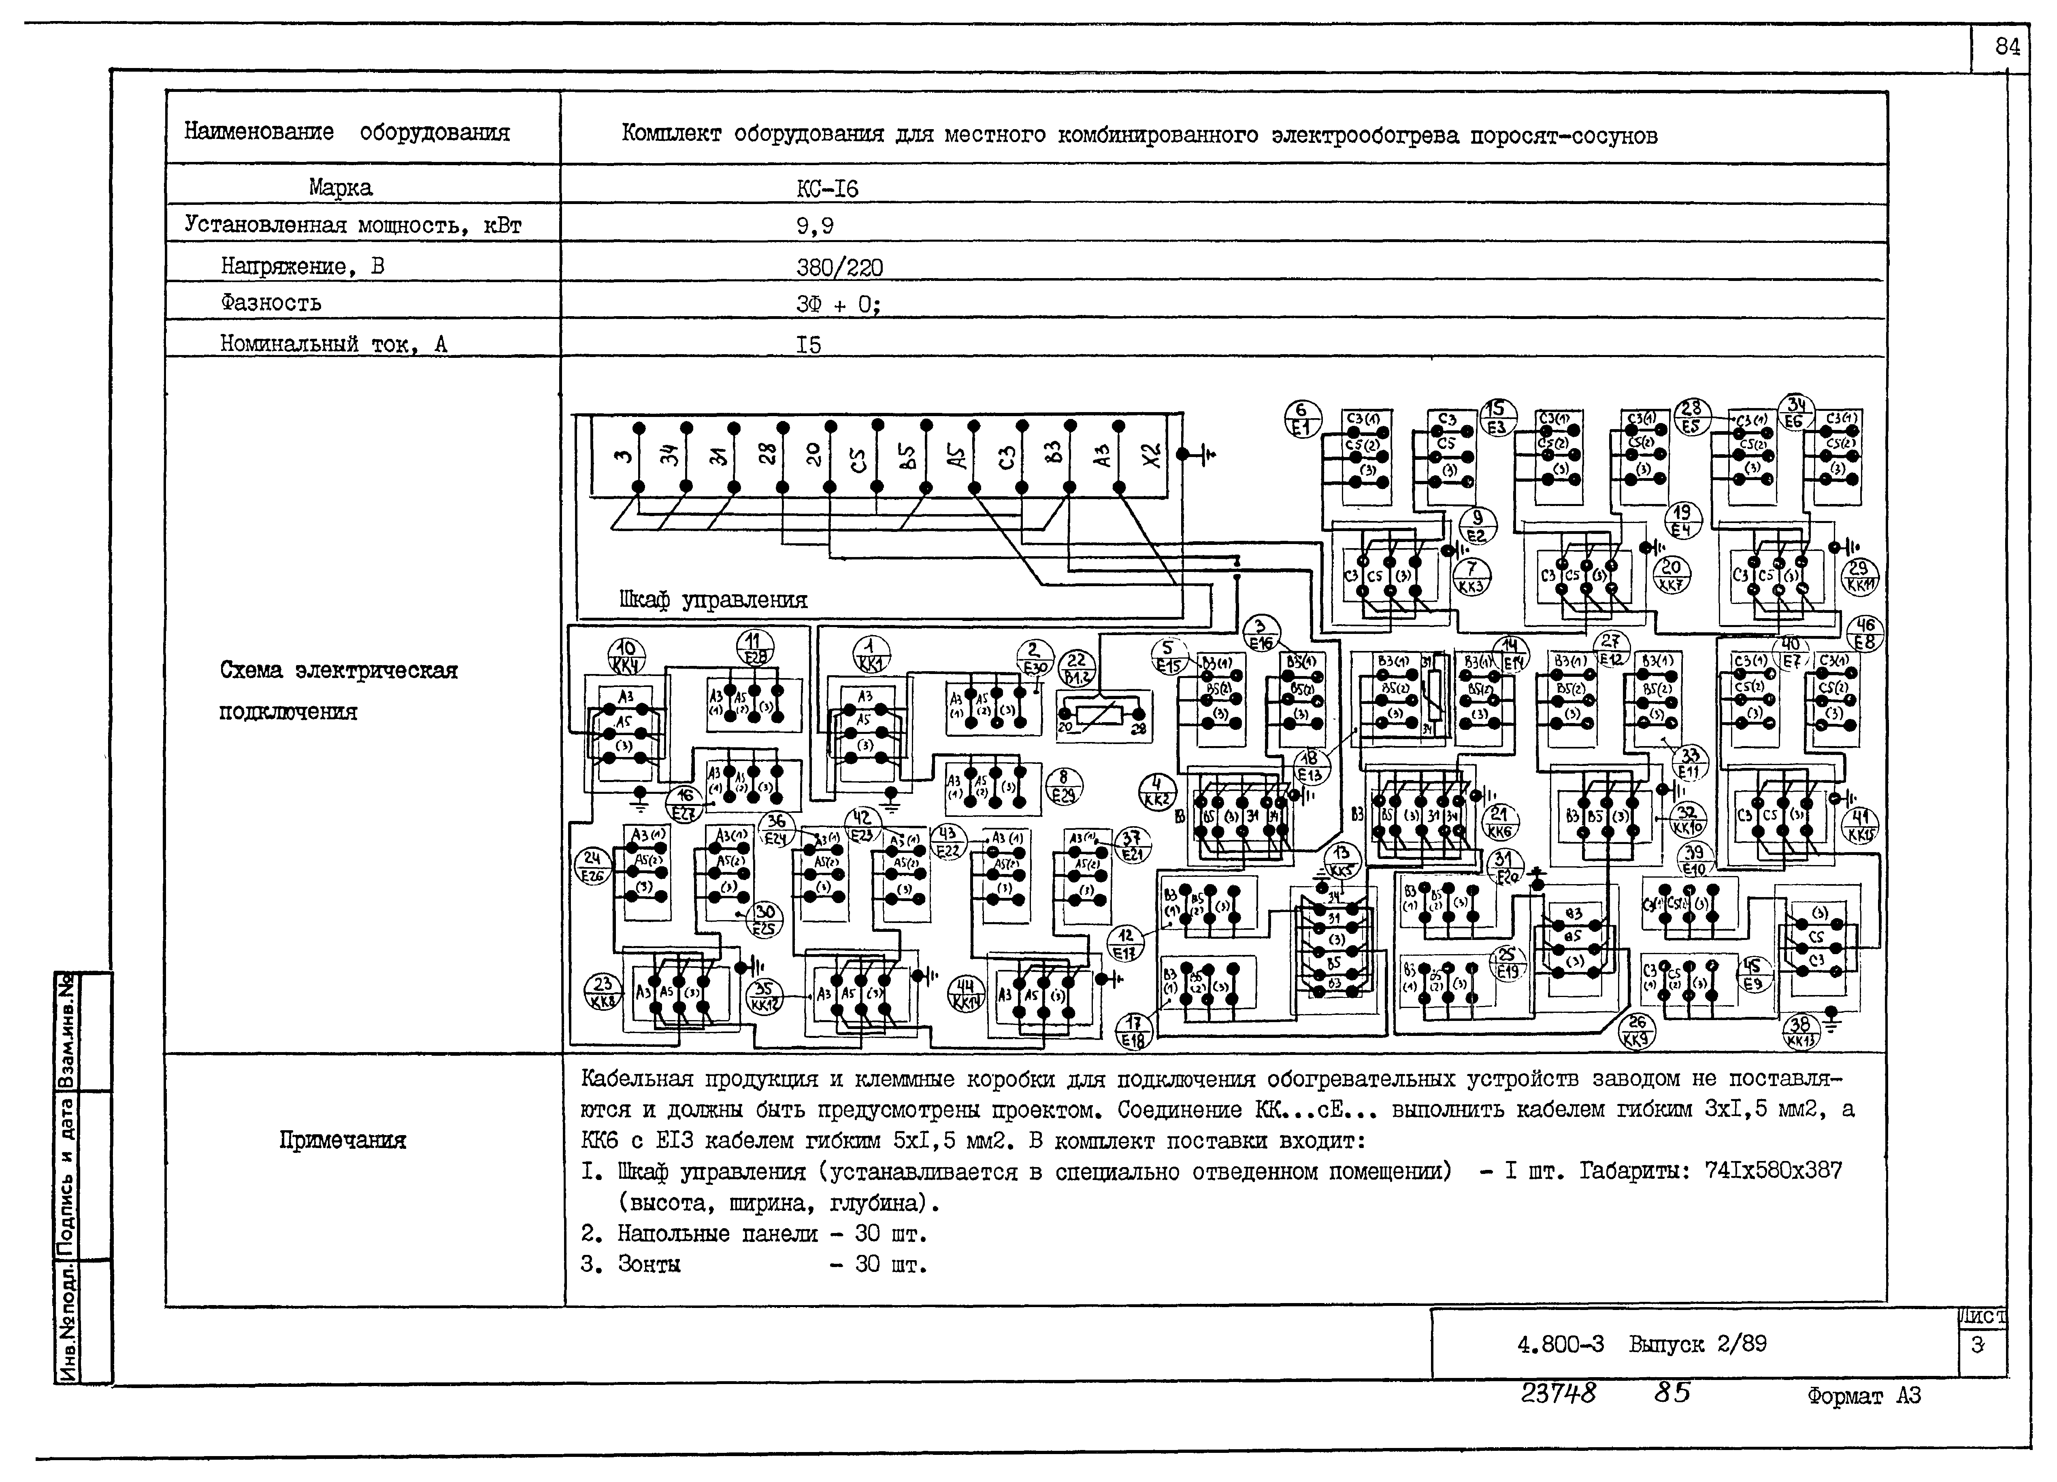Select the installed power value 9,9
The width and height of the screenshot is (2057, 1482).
coord(814,226)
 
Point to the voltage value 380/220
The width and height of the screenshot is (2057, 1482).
coord(839,267)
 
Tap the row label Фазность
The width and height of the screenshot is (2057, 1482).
coord(270,302)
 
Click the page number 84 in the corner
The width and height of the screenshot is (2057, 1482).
coord(2007,47)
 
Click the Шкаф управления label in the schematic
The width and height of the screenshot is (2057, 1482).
coord(713,600)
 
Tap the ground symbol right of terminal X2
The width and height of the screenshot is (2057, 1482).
coord(1203,454)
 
